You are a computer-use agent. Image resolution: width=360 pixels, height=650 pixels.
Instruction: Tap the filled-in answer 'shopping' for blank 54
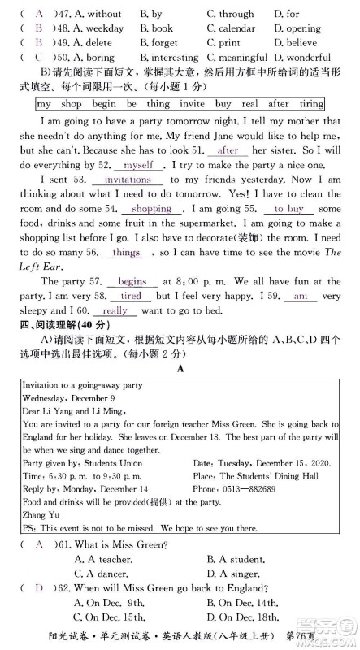[x=152, y=209]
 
